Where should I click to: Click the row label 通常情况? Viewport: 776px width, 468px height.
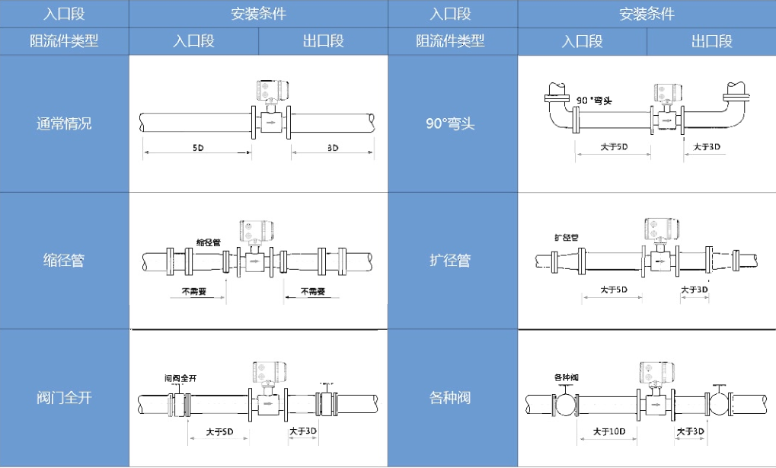(x=64, y=123)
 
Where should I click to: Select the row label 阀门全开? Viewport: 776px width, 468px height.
(x=64, y=398)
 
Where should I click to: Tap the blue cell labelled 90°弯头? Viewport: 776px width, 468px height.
(x=452, y=123)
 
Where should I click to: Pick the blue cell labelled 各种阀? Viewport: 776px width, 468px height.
(x=452, y=398)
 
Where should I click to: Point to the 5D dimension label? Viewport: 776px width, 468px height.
(x=197, y=147)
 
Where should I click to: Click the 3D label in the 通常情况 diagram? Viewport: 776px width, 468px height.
(x=333, y=147)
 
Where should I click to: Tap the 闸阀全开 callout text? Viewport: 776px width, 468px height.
(x=181, y=377)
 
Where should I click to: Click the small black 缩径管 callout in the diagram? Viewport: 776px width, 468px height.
(x=208, y=242)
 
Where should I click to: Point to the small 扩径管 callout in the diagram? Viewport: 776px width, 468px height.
(x=566, y=237)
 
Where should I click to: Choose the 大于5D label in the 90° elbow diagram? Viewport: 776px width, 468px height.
(x=613, y=146)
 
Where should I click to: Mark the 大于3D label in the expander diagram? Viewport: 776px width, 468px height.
(x=694, y=290)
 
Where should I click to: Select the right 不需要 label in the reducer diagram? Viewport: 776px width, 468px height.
(x=312, y=291)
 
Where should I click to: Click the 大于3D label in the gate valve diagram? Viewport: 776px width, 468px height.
(x=303, y=431)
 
